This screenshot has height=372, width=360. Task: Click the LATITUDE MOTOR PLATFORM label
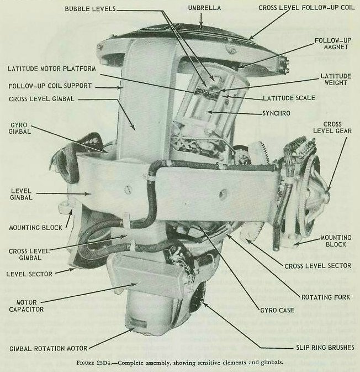(52, 69)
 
